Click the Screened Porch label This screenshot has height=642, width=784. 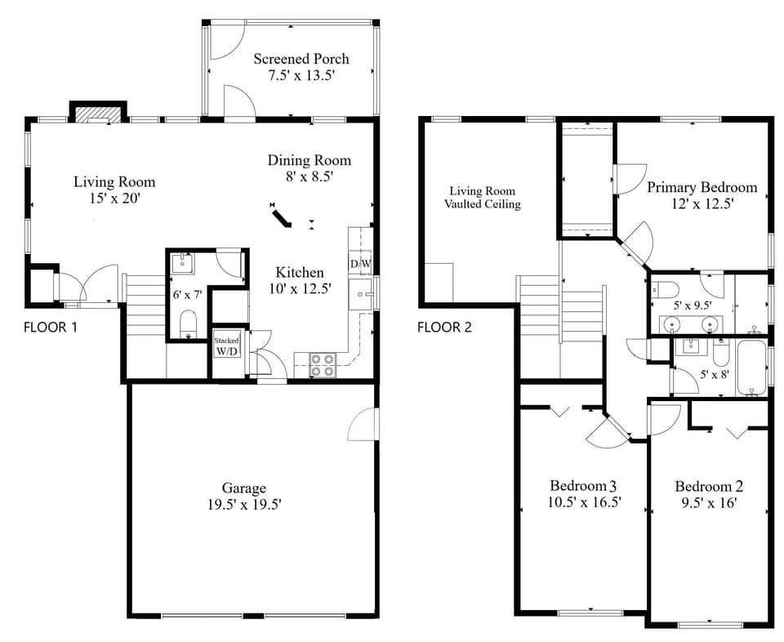[301, 59]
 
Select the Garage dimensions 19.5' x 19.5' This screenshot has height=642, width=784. [244, 505]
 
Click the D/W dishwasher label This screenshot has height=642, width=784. [359, 264]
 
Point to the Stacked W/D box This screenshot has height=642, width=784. [226, 346]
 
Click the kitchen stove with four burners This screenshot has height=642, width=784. [323, 364]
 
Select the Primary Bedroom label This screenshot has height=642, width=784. [702, 187]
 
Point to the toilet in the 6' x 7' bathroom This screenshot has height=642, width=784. [189, 322]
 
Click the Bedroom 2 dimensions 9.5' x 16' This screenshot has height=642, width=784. [709, 503]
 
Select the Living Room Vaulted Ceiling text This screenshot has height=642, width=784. [482, 197]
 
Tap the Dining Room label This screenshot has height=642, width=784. [309, 160]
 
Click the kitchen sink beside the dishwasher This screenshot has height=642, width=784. [359, 294]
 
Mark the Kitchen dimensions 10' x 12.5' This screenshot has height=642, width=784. [299, 288]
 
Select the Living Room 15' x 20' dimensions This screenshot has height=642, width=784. [114, 198]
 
